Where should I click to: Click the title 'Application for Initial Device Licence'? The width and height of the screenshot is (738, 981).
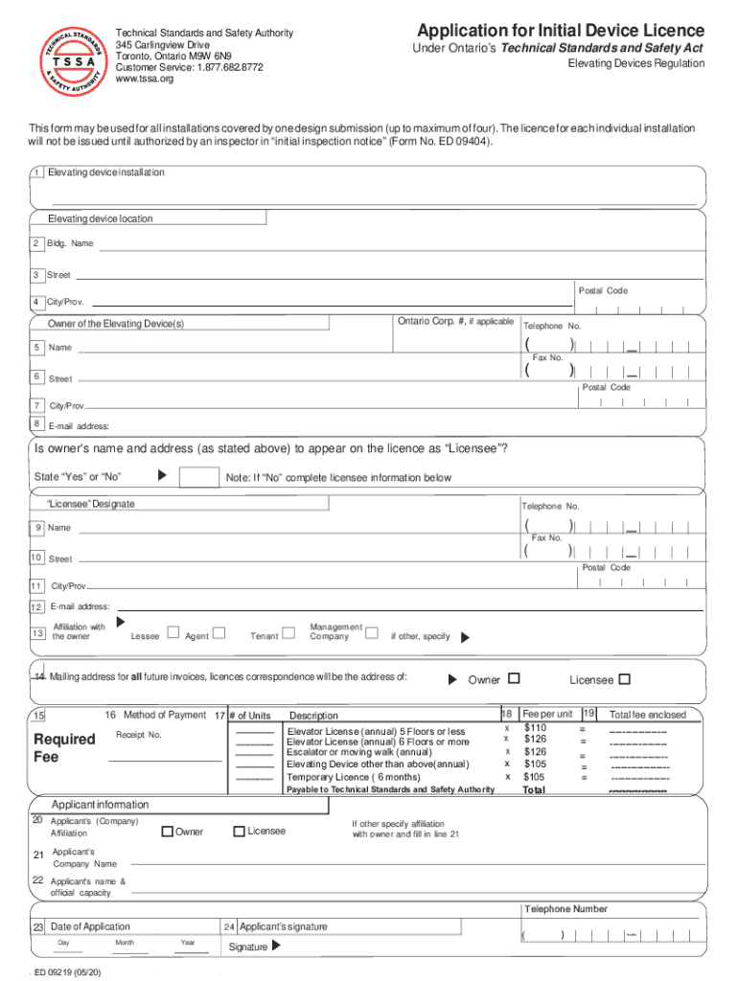[x=561, y=30]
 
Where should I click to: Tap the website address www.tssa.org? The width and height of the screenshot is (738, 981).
[x=145, y=80]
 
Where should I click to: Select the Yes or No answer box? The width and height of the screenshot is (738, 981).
[x=198, y=477]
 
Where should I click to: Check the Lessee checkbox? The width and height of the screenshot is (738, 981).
[x=173, y=632]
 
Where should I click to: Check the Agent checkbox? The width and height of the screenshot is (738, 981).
[x=219, y=632]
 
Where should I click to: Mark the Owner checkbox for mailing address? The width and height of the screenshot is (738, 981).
[x=514, y=679]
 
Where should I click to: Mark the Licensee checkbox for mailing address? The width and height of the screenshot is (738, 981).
[x=625, y=679]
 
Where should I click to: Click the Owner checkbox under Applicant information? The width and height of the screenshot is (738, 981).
[x=167, y=831]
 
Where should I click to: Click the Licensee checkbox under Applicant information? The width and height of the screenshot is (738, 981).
[x=239, y=831]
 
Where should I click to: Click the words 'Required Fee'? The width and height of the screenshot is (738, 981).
[x=64, y=747]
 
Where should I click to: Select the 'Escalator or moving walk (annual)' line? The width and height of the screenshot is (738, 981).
[x=359, y=752]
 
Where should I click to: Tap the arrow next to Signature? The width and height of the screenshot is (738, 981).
[x=277, y=946]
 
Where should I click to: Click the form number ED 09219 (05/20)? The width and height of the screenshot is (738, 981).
[x=67, y=972]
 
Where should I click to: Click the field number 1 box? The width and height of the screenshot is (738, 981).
[x=35, y=172]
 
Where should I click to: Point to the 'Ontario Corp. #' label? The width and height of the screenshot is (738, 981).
[x=454, y=322]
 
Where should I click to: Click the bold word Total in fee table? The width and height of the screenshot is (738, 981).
[x=534, y=790]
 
